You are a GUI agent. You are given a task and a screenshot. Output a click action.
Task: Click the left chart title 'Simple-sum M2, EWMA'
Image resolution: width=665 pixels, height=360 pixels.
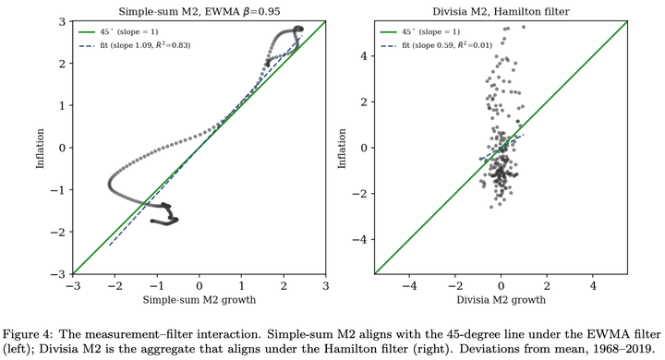coord(178,11)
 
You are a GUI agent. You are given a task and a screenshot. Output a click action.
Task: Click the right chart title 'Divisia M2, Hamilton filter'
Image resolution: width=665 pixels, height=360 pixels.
coord(501,11)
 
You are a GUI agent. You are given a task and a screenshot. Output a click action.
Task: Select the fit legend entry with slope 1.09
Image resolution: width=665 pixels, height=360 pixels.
coord(135,45)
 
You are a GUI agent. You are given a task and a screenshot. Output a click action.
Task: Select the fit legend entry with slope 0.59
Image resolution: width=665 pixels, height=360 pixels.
coord(437,45)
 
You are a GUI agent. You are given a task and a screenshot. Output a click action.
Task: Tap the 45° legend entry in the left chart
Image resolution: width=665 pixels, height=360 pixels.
coord(119,31)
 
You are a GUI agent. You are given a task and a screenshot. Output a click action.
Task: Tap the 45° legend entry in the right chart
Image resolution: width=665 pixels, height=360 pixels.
coord(421,31)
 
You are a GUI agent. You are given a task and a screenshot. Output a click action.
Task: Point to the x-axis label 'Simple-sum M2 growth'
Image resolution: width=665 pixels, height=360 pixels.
coord(199,300)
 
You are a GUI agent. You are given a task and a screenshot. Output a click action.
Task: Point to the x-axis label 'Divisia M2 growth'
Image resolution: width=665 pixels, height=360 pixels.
coord(501,300)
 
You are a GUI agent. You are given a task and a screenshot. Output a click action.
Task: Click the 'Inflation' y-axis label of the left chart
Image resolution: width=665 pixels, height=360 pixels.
coord(41,149)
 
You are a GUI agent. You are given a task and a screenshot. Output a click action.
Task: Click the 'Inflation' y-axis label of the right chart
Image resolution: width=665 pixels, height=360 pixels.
coord(342,149)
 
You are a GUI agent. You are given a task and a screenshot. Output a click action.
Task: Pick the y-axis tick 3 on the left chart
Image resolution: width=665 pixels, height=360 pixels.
coord(63,21)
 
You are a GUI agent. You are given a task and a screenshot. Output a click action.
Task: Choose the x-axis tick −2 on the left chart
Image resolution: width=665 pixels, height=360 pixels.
coord(115,286)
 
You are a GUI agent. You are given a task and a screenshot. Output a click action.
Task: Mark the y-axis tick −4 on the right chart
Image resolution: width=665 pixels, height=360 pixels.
coord(360,240)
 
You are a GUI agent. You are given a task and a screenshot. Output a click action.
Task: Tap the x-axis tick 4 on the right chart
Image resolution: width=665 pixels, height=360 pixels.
coord(593,286)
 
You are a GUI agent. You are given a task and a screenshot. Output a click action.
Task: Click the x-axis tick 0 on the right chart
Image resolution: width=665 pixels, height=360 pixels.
coord(501,286)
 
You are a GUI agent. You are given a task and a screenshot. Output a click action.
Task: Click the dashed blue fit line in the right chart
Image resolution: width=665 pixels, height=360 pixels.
coord(502,147)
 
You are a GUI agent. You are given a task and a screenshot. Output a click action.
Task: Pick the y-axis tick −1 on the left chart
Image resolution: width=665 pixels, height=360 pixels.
coord(58,190)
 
